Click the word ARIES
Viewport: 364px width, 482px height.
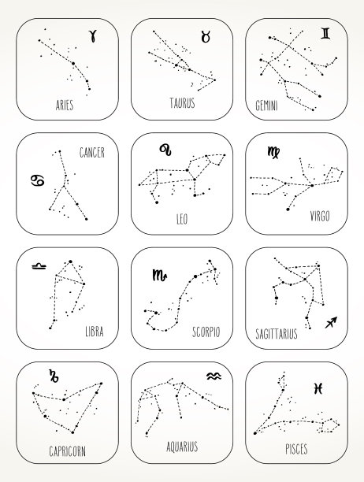click(x=65, y=105)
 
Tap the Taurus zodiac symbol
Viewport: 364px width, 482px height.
click(x=206, y=36)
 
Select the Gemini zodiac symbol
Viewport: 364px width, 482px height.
click(x=325, y=34)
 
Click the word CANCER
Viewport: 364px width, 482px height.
click(x=92, y=152)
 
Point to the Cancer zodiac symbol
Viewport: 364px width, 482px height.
click(x=38, y=180)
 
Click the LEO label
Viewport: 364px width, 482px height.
click(x=182, y=219)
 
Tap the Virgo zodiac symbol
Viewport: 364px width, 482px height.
click(x=273, y=152)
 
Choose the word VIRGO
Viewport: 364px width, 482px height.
click(x=320, y=216)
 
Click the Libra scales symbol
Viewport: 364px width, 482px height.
click(x=39, y=266)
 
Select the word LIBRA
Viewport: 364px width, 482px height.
click(x=95, y=332)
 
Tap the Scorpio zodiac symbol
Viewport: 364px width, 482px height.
click(x=160, y=275)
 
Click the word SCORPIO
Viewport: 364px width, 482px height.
click(x=206, y=332)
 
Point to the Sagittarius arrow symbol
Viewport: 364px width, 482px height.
click(x=331, y=322)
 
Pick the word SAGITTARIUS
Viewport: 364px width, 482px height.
click(x=277, y=333)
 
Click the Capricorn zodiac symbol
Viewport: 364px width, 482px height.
click(x=54, y=376)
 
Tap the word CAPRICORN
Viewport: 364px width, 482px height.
click(x=67, y=451)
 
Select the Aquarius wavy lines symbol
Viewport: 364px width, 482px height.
click(x=214, y=376)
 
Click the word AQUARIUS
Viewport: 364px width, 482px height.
click(x=182, y=447)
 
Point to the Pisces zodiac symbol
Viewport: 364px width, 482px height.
click(x=318, y=388)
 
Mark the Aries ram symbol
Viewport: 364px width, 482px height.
click(x=93, y=35)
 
